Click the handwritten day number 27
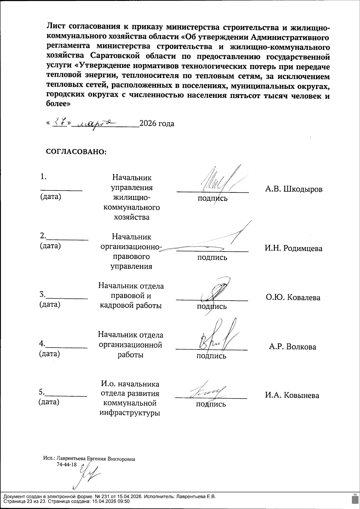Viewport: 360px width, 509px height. coord(59,123)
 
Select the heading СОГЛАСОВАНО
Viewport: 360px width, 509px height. coord(76,151)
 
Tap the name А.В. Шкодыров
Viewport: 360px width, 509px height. coord(294,189)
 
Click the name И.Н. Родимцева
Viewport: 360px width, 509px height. coord(293,248)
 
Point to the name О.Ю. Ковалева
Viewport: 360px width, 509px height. coord(293,297)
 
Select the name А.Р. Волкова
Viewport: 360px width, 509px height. coord(292,347)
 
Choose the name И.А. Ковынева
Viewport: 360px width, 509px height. coord(292,395)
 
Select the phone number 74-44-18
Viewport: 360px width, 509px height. coord(67,464)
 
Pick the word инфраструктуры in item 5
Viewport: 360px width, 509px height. coord(130,413)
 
